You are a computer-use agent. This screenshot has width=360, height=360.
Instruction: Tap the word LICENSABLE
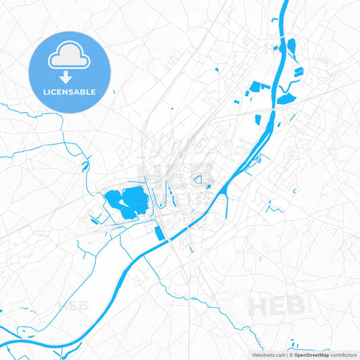68,91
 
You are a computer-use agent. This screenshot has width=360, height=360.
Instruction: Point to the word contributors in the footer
343,355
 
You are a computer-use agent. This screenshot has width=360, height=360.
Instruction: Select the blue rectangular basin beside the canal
159,233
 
